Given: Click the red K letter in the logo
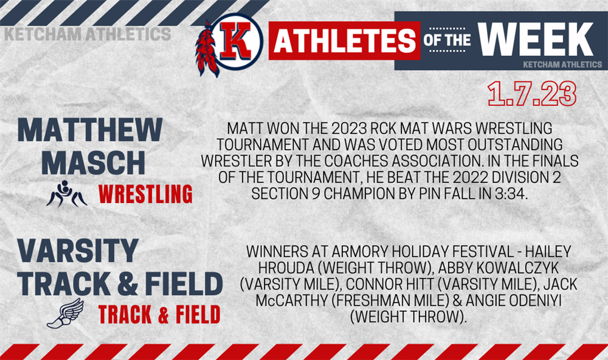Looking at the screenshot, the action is coord(236,41).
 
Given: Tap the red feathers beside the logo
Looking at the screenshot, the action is coord(206,49).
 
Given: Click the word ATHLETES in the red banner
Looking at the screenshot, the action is coord(344,41).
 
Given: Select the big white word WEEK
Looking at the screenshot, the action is coord(536,40).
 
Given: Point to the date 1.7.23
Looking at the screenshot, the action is coord(532,94).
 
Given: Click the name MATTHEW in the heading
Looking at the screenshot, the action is coord(90,130).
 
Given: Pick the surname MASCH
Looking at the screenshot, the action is coord(94,162).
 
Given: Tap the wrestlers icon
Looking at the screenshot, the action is coord(67,193).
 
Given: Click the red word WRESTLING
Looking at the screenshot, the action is coord(145,194).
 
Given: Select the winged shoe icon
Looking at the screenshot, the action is coord(65,313).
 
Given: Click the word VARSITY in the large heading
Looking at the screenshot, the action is coord(78,251).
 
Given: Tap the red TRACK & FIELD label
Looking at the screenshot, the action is coord(159,314).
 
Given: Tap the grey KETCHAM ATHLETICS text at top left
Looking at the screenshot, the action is coord(88,34).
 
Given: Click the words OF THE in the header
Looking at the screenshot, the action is coord(447,40).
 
